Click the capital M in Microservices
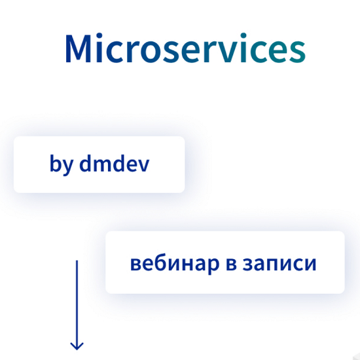[x=78, y=48]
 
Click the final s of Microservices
[x=297, y=52]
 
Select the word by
[x=62, y=164]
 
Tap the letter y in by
[x=67, y=168]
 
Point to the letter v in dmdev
[x=143, y=166]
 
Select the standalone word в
[x=232, y=264]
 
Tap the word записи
[x=279, y=264]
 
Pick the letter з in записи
[x=248, y=264]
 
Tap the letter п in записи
[x=274, y=264]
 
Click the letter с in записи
[x=298, y=264]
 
